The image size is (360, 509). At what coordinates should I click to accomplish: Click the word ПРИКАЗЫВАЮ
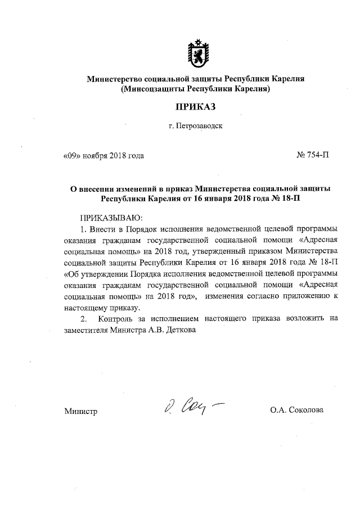pyautogui.click(x=113, y=217)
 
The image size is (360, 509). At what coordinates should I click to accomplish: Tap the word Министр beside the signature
pyautogui.click(x=81, y=411)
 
